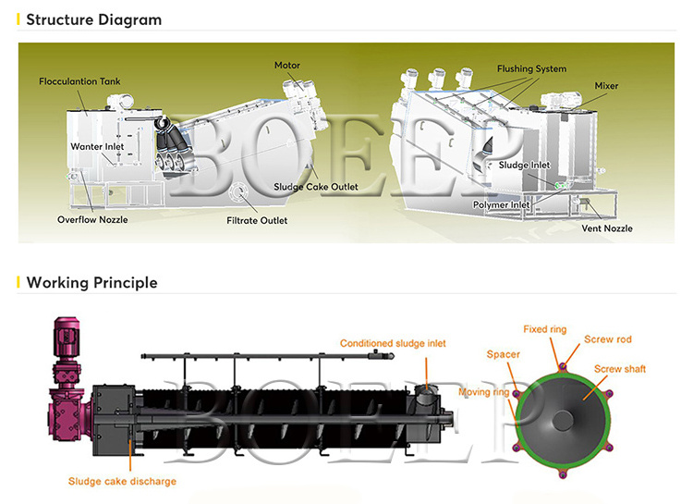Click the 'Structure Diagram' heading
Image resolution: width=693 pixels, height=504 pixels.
[x=93, y=19]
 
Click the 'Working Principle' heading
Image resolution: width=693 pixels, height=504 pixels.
[x=91, y=282]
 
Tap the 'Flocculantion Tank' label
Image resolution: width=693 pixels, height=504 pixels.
[x=79, y=81]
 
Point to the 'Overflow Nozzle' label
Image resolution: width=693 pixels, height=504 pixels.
[x=92, y=219]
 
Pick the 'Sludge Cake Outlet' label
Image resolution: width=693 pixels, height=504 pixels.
[x=315, y=187]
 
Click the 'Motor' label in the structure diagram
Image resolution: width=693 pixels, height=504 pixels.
[x=288, y=66]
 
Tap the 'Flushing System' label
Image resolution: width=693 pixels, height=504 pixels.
[x=531, y=68]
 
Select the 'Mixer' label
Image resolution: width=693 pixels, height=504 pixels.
[x=606, y=86]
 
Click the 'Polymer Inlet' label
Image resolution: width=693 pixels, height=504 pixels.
[x=501, y=204]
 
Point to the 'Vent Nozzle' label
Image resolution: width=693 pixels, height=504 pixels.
[x=606, y=227]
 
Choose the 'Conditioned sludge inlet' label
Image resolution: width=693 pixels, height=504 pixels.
[x=393, y=343]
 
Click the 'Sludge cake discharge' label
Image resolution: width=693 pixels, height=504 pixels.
[x=122, y=481]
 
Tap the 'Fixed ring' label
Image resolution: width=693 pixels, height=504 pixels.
[x=545, y=329]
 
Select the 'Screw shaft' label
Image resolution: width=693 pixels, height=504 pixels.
[x=620, y=369]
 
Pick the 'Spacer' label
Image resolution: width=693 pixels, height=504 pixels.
[x=504, y=354]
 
